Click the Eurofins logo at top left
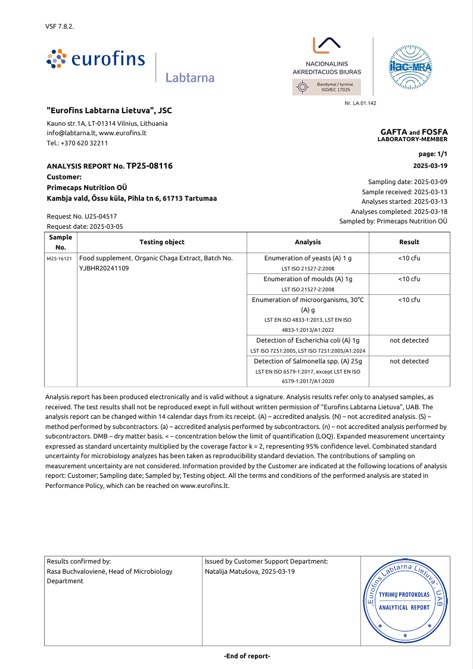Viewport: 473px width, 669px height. point(95,59)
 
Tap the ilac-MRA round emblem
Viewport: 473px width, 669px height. point(410,66)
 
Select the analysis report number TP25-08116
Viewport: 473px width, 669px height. point(150,166)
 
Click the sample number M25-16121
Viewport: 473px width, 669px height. point(60,259)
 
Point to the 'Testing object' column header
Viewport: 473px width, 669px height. point(161,242)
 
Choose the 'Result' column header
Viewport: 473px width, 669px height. point(409,242)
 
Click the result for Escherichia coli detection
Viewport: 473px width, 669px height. point(409,340)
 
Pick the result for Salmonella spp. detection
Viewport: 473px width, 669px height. point(409,361)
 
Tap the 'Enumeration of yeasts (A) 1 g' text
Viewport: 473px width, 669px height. point(307,258)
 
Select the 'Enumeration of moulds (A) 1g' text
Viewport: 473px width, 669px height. point(307,279)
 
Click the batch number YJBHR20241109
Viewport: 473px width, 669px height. point(104,268)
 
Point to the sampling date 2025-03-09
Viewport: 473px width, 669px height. point(430,182)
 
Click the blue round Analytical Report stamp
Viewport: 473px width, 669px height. point(404,601)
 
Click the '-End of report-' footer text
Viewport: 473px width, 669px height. point(247,656)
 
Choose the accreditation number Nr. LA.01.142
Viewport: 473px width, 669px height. point(360,103)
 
